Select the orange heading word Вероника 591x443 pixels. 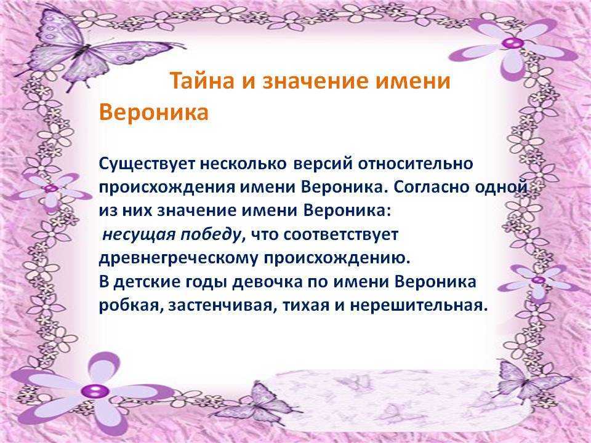coord(154,112)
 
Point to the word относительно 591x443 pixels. coord(415,164)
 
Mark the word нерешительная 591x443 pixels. coord(417,305)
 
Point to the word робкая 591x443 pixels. coord(131,305)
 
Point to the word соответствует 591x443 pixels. coord(340,234)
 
